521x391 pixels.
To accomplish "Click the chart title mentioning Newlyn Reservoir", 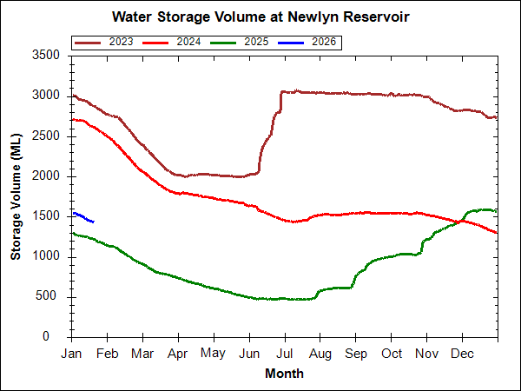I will (260, 17).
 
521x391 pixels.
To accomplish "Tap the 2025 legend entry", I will (256, 42).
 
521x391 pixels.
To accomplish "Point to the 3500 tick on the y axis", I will (47, 55).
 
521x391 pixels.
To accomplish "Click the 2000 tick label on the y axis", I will (47, 176).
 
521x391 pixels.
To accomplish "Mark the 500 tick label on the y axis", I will (50, 296).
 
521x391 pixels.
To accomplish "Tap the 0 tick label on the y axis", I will (56, 337).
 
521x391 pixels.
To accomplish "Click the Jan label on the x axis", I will (72, 354).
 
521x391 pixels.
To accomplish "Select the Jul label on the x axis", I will (284, 354).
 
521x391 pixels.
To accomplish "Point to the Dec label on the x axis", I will (462, 354).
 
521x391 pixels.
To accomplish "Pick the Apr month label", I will (178, 354).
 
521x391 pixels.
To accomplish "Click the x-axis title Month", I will (284, 374).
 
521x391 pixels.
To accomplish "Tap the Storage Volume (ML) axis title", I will (16, 195).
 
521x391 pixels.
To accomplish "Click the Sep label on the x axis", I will (355, 354).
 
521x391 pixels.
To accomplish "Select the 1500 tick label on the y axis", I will (47, 215).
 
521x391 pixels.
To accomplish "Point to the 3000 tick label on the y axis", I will (47, 95).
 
